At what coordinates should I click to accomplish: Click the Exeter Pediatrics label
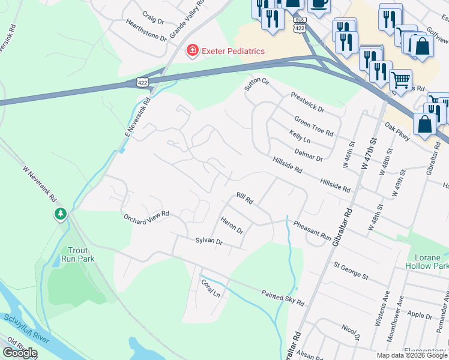click(x=233, y=51)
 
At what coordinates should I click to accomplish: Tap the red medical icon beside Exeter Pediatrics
click(x=192, y=51)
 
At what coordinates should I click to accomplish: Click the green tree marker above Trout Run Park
click(x=60, y=214)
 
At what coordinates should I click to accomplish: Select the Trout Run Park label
click(x=77, y=255)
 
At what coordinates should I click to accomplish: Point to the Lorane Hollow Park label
click(x=427, y=261)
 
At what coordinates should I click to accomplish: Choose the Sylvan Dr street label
click(x=209, y=241)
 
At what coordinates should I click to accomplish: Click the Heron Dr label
click(x=232, y=226)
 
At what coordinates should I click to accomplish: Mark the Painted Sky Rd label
click(x=283, y=296)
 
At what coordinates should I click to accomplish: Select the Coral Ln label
click(x=211, y=289)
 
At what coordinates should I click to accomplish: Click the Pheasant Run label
click(x=312, y=232)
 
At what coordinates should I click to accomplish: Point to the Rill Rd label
click(x=245, y=199)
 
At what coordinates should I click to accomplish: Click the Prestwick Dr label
click(x=307, y=103)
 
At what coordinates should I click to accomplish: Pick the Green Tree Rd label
click(x=313, y=127)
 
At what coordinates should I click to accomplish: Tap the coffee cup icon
click(x=318, y=4)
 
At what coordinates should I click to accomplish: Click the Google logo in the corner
click(x=20, y=352)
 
